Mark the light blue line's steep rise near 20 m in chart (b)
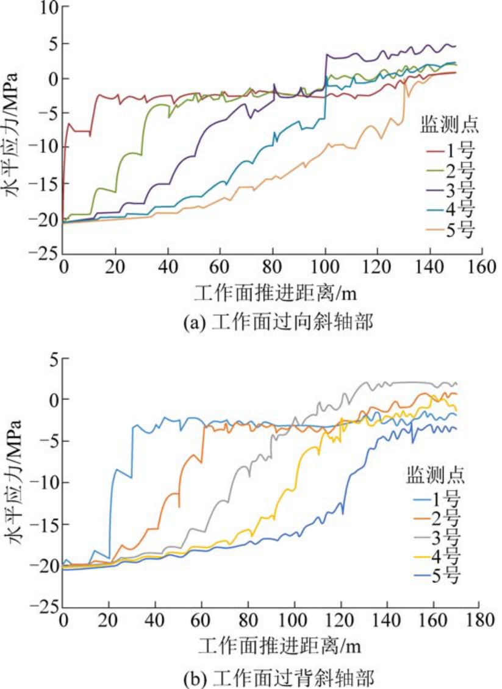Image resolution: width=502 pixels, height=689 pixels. [110, 518]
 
